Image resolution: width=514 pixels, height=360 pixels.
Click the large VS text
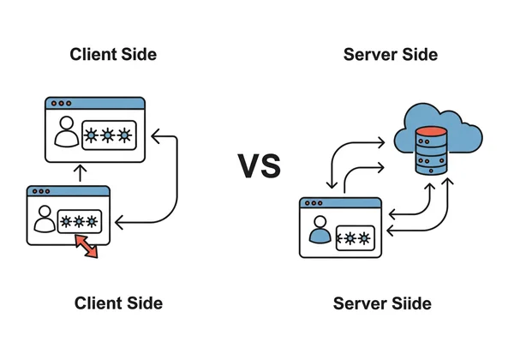pos(259,165)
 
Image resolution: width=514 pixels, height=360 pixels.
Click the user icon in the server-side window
pos(320,231)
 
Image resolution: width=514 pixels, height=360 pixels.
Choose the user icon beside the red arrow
pos(44,221)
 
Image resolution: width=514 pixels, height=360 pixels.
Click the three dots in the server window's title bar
pos(311,204)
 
